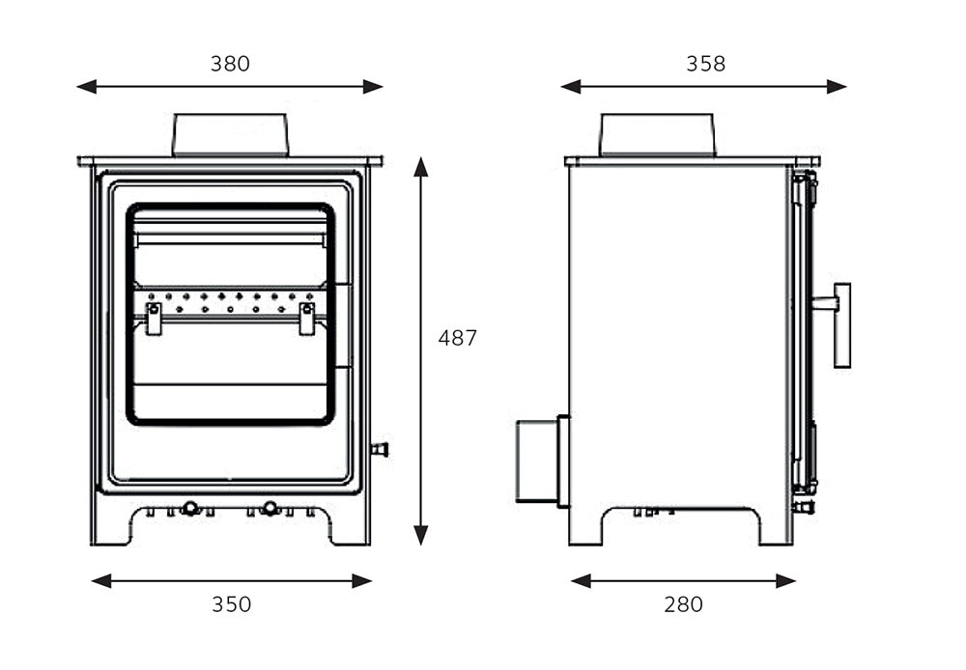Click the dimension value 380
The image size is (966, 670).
pos(230,64)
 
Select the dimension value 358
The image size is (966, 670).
pos(705,64)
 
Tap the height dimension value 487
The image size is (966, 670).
pos(458,338)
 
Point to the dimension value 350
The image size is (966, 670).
pos(231,604)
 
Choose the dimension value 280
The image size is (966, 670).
pos(683,604)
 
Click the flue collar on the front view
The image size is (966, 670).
pos(230,135)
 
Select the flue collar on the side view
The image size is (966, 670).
pos(657,135)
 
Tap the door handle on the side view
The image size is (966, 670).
pos(840,324)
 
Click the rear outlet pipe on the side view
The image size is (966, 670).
pos(537,461)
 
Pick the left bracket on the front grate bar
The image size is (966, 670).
pos(154,319)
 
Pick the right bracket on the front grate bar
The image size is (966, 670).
pos(307,319)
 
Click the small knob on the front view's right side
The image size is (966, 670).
pos(379,449)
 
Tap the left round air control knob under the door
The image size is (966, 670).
pos(191,508)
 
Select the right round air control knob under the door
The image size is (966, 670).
pos(270,508)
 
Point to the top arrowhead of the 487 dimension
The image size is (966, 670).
pos(420,166)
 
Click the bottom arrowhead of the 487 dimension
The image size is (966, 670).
pos(420,535)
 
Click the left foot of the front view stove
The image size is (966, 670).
pos(111,526)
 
